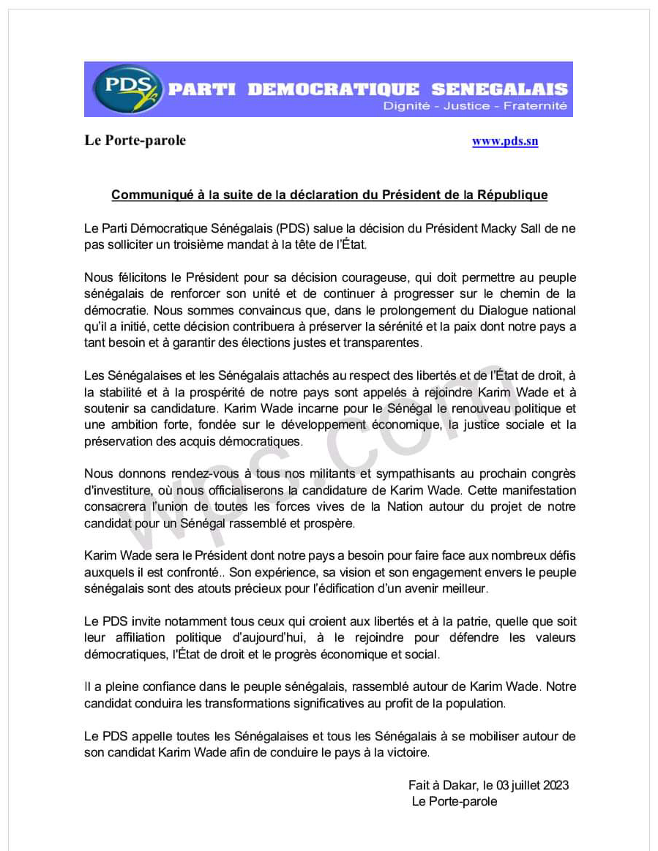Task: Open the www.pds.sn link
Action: point(505,141)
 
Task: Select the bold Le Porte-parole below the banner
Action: point(135,140)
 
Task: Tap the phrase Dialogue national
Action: point(528,310)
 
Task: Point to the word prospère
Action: point(329,523)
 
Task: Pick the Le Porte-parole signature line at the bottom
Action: point(455,801)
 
